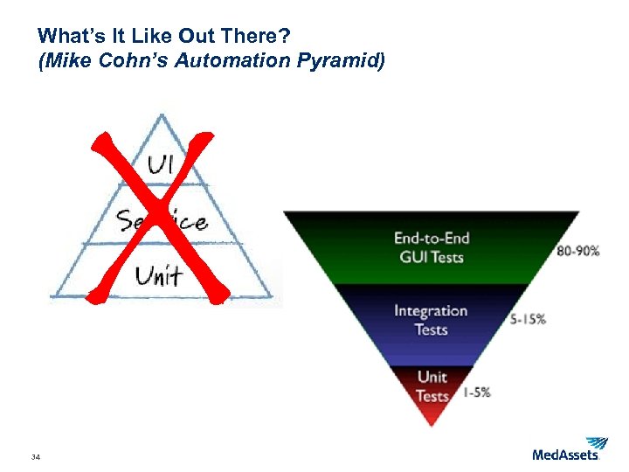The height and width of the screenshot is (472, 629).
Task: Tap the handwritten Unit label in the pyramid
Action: click(x=158, y=276)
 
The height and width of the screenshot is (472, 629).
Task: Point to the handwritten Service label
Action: click(x=162, y=221)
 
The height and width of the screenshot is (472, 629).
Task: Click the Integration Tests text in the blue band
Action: click(x=431, y=320)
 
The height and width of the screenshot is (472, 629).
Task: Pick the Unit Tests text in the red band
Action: click(x=432, y=386)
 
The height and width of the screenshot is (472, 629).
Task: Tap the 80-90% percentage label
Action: click(x=578, y=251)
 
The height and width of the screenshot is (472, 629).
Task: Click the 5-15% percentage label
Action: click(x=528, y=319)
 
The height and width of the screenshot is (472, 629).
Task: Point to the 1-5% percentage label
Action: click(x=476, y=392)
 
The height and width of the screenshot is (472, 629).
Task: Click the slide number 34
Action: click(x=36, y=457)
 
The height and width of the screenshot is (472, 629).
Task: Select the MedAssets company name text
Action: click(x=565, y=455)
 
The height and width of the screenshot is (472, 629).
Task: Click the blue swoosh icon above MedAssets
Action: click(x=597, y=442)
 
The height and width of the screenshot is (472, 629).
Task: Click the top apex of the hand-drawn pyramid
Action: click(x=160, y=115)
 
